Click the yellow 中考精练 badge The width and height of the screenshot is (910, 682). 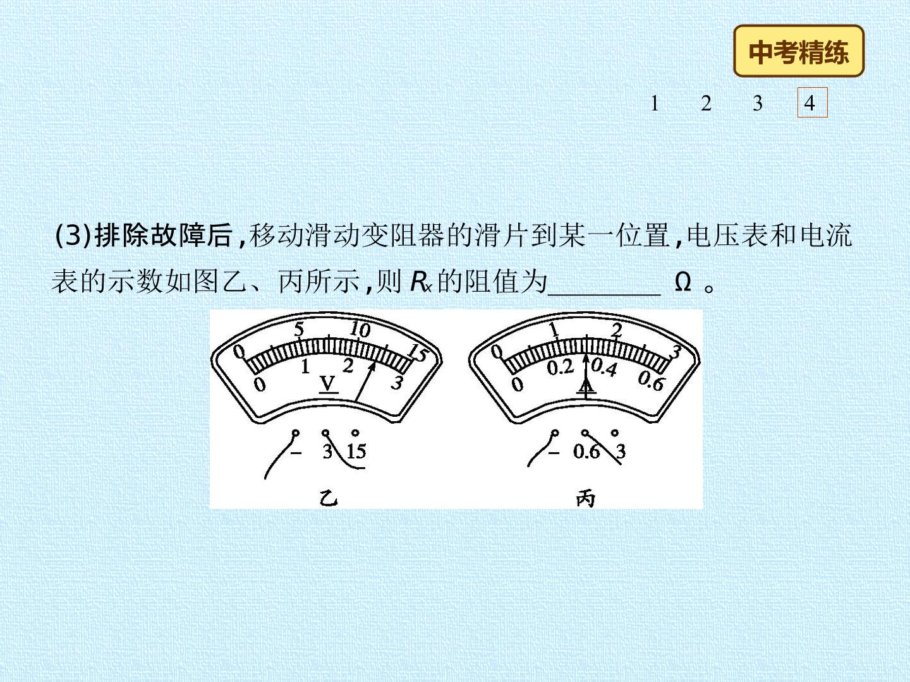point(799,51)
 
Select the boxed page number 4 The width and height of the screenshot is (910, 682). point(813,102)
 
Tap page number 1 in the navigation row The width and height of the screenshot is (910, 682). point(655,103)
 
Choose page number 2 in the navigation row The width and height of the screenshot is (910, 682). point(707,103)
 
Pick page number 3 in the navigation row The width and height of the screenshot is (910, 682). point(758,103)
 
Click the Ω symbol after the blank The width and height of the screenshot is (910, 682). point(682,282)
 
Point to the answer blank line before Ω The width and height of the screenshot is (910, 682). point(604,294)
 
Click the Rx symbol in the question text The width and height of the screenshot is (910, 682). point(422,282)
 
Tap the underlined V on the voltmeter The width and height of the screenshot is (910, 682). point(328,384)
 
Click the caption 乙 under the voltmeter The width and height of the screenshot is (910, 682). point(329,498)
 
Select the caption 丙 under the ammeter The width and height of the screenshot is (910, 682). point(586,499)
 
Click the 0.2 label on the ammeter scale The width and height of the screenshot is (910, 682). point(560,368)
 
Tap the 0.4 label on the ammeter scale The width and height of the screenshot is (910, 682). point(604,367)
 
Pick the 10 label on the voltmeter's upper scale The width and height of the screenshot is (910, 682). point(360,330)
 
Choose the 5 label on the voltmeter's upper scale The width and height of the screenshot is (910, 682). point(299,329)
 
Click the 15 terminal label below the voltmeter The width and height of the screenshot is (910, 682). point(356,451)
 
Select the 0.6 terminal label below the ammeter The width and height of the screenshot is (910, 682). point(586,452)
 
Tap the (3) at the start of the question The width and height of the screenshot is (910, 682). point(73,235)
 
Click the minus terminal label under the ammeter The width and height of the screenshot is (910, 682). point(554,453)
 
